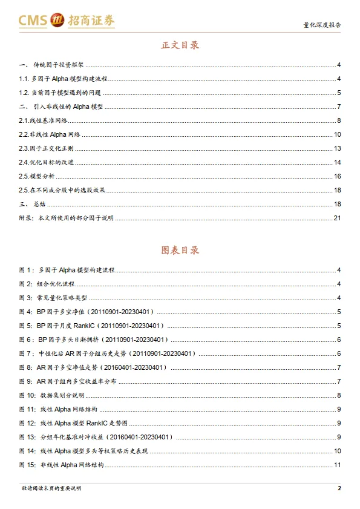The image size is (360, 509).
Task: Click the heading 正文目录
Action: point(180,45)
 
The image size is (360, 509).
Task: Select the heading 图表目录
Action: point(180,250)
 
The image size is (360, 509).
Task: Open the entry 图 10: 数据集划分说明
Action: point(57,395)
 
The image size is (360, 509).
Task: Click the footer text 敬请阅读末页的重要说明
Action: point(51,488)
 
